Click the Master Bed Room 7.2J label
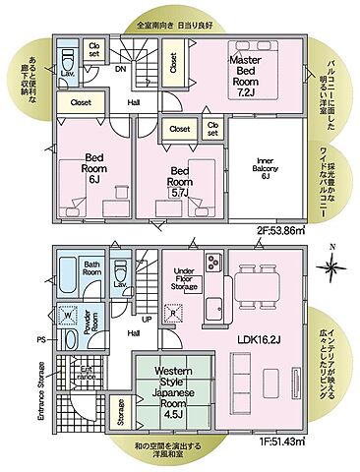(245, 75)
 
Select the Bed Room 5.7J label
(179, 175)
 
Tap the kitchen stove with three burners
(214, 263)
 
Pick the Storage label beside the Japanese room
(119, 413)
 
